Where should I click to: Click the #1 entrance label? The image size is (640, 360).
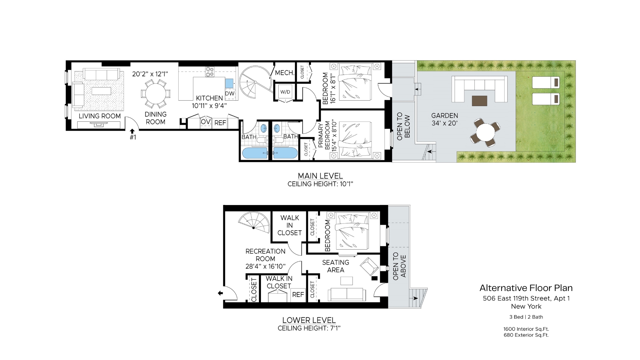pyautogui.click(x=133, y=137)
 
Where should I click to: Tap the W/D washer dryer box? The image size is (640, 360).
pyautogui.click(x=285, y=92)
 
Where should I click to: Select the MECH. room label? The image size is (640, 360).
pyautogui.click(x=284, y=73)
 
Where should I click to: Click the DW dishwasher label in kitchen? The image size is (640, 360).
pyautogui.click(x=230, y=94)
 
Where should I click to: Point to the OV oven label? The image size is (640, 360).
pyautogui.click(x=205, y=122)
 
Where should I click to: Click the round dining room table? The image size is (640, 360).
pyautogui.click(x=156, y=94)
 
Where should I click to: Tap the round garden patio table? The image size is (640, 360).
pyautogui.click(x=485, y=133)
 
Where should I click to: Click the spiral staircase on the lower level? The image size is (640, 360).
pyautogui.click(x=255, y=223)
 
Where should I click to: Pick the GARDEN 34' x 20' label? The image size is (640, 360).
pyautogui.click(x=444, y=119)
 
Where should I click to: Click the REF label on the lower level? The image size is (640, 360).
pyautogui.click(x=298, y=295)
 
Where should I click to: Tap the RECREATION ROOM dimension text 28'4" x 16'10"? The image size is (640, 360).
pyautogui.click(x=265, y=266)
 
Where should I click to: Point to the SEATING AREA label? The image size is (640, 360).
pyautogui.click(x=335, y=266)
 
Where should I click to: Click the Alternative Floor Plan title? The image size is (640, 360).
pyautogui.click(x=526, y=288)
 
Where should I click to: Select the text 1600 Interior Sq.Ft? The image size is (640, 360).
pyautogui.click(x=526, y=329)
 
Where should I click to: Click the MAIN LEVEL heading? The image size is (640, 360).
pyautogui.click(x=320, y=176)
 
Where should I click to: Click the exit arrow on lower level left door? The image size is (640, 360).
pyautogui.click(x=220, y=293)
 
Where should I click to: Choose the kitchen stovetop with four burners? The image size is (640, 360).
pyautogui.click(x=210, y=72)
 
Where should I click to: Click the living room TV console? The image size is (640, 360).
pyautogui.click(x=99, y=125)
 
